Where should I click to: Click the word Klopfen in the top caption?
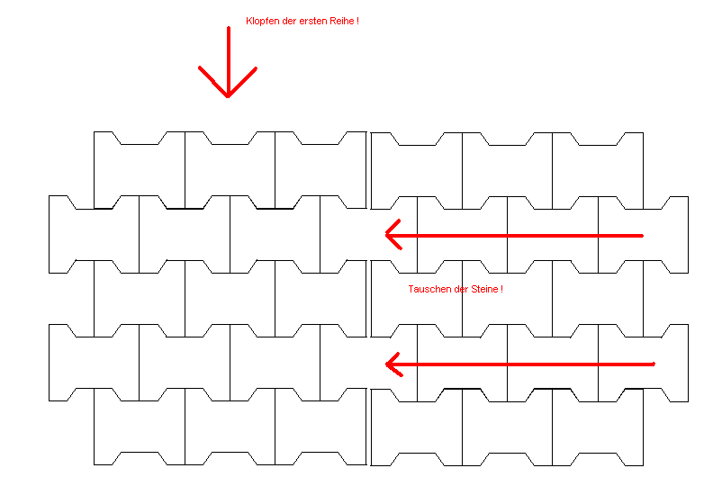(x=262, y=20)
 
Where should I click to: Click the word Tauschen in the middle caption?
(x=428, y=289)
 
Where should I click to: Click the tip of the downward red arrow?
(x=228, y=95)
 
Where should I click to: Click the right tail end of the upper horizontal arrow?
(x=641, y=236)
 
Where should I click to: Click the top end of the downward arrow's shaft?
(x=229, y=29)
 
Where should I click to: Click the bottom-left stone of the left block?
(x=140, y=427)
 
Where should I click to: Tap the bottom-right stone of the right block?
(x=598, y=427)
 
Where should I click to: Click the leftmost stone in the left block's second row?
(x=94, y=234)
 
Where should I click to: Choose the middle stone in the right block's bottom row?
(x=507, y=427)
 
